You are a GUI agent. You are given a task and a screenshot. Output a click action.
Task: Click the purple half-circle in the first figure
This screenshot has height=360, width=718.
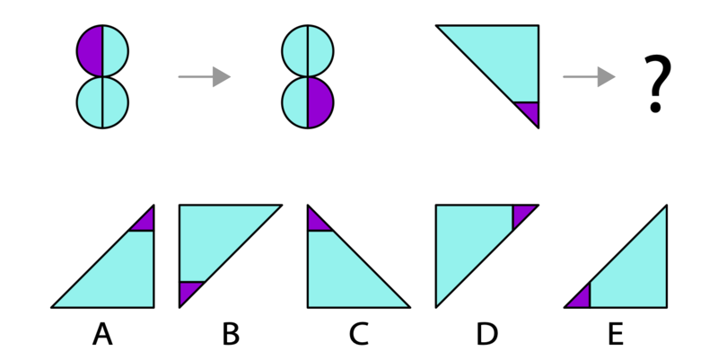(90, 51)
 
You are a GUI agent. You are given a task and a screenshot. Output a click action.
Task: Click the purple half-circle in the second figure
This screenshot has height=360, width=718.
(320, 102)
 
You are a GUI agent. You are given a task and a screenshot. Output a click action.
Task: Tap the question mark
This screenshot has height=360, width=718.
(657, 83)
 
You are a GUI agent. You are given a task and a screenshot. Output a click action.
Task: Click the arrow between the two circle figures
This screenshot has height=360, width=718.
(205, 76)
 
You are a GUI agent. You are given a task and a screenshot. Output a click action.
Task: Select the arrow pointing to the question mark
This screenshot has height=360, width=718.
(589, 76)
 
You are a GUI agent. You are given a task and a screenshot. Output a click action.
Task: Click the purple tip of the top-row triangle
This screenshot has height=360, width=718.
(530, 110)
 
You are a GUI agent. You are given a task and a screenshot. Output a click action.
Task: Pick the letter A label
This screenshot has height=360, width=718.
(102, 333)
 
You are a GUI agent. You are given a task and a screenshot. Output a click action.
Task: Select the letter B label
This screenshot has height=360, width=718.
(231, 333)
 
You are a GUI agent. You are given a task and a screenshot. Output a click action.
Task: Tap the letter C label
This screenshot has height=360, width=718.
(358, 333)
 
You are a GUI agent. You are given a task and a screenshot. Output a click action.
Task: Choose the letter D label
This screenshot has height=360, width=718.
(486, 333)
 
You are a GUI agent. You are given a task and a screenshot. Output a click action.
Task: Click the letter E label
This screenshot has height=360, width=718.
(616, 333)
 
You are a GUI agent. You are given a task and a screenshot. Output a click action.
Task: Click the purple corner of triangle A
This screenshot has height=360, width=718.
(145, 222)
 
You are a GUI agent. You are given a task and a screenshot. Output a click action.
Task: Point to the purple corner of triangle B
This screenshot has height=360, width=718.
(188, 291)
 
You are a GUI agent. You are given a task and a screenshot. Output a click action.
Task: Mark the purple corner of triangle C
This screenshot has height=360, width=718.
(317, 222)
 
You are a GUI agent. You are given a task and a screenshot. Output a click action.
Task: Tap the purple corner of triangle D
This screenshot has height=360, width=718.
(521, 214)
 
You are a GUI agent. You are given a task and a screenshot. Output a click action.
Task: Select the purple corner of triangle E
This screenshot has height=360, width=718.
(581, 299)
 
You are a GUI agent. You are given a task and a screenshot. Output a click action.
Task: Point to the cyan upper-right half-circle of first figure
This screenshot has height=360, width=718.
(115, 51)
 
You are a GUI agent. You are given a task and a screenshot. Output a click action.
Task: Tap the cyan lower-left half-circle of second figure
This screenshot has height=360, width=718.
(295, 102)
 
